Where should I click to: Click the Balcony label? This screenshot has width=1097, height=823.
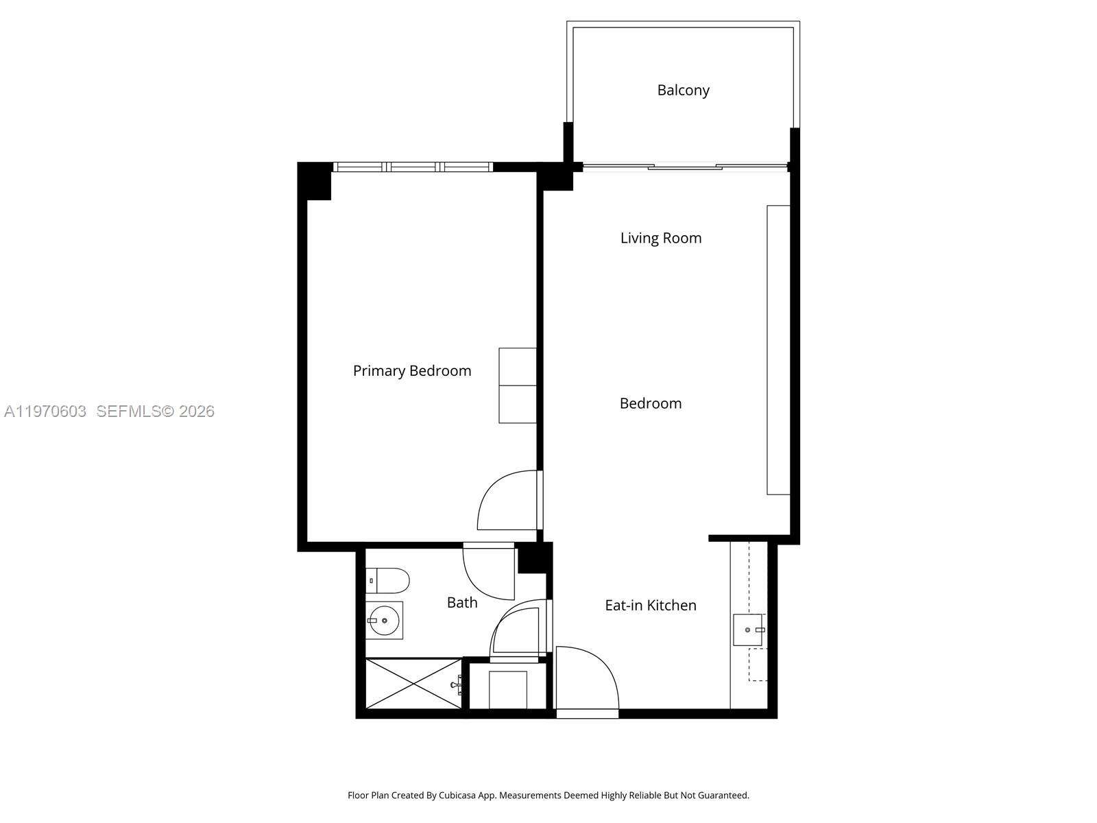coord(683,90)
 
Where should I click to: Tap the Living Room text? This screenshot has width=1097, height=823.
coord(661,238)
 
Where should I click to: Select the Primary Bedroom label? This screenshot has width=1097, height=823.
coord(412,370)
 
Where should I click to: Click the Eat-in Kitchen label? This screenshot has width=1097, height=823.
coord(651,605)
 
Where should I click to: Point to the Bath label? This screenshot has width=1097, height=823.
coord(462,602)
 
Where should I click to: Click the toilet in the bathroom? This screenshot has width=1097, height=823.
coord(388,581)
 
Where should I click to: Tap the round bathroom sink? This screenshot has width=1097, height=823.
coord(384,620)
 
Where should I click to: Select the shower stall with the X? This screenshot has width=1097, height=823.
coord(413,684)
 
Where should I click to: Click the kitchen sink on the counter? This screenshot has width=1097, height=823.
coord(747,630)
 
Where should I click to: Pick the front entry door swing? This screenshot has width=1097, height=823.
coord(586,679)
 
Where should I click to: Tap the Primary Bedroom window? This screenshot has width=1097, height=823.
coord(413,167)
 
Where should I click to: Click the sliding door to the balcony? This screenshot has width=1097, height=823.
coord(684,166)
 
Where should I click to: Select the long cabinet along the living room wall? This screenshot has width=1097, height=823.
coord(778,350)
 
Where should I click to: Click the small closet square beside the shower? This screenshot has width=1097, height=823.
coord(508,689)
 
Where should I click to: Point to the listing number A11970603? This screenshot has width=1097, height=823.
coord(45,411)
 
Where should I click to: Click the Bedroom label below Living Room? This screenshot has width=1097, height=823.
coord(651,403)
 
